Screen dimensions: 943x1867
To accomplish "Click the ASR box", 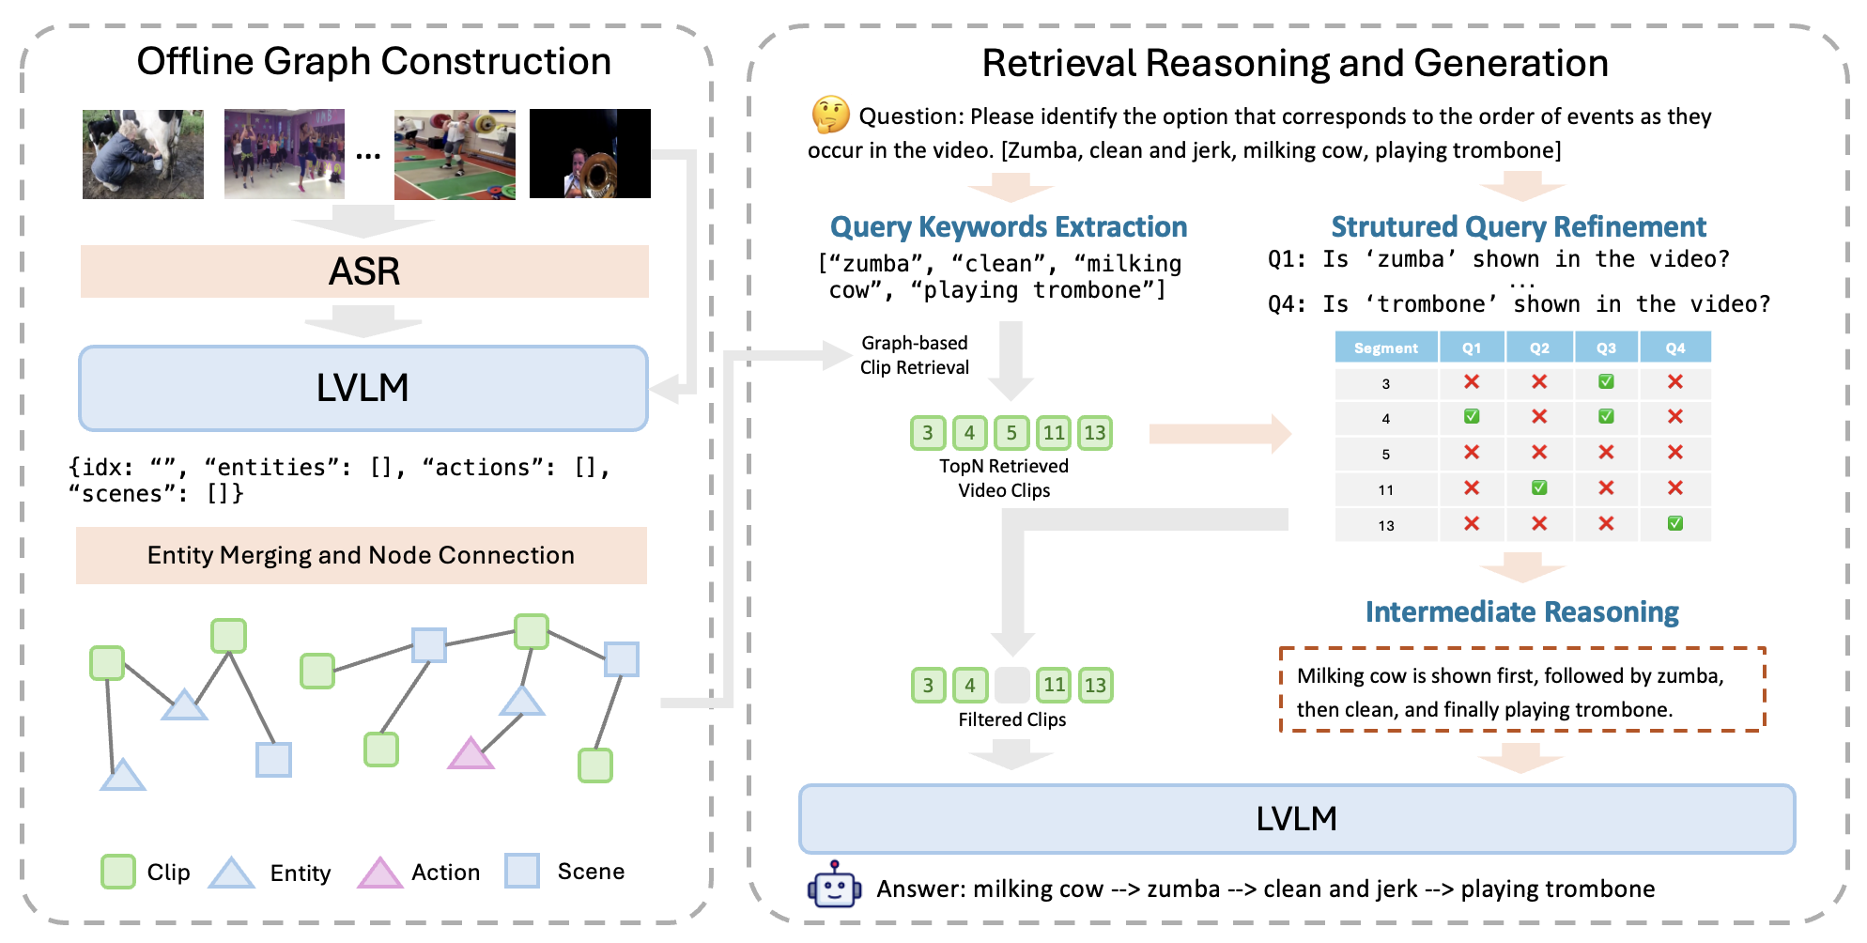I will pos(364,271).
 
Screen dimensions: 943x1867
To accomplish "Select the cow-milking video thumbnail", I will pos(143,154).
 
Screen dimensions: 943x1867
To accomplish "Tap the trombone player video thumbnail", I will pos(590,153).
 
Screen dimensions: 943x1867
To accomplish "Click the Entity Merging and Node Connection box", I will pos(361,555).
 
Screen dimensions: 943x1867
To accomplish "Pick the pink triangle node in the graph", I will pos(471,753).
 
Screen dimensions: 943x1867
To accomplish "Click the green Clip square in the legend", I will pos(118,872).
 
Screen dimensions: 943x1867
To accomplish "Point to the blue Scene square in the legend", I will pos(522,871).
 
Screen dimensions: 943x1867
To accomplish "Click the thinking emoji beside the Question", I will pos(830,115).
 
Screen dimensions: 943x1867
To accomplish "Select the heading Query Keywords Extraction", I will pos(1008,226).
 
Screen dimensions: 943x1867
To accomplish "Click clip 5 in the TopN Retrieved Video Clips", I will pos(1011,432).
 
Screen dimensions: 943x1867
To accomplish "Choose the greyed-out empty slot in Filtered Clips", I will pos(1011,685).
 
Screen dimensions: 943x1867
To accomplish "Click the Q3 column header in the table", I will pos(1606,348).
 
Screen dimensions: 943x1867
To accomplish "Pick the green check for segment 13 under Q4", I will pos(1674,523).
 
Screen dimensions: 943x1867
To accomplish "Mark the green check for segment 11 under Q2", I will pos(1538,487).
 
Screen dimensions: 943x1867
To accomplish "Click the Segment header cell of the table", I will pos(1385,348).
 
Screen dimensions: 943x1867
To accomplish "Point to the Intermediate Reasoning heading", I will pos(1521,611).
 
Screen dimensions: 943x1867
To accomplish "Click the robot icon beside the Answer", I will pos(834,886).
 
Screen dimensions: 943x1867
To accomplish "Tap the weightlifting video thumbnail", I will pos(455,154).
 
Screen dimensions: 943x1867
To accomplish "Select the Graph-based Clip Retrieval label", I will pos(914,355).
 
